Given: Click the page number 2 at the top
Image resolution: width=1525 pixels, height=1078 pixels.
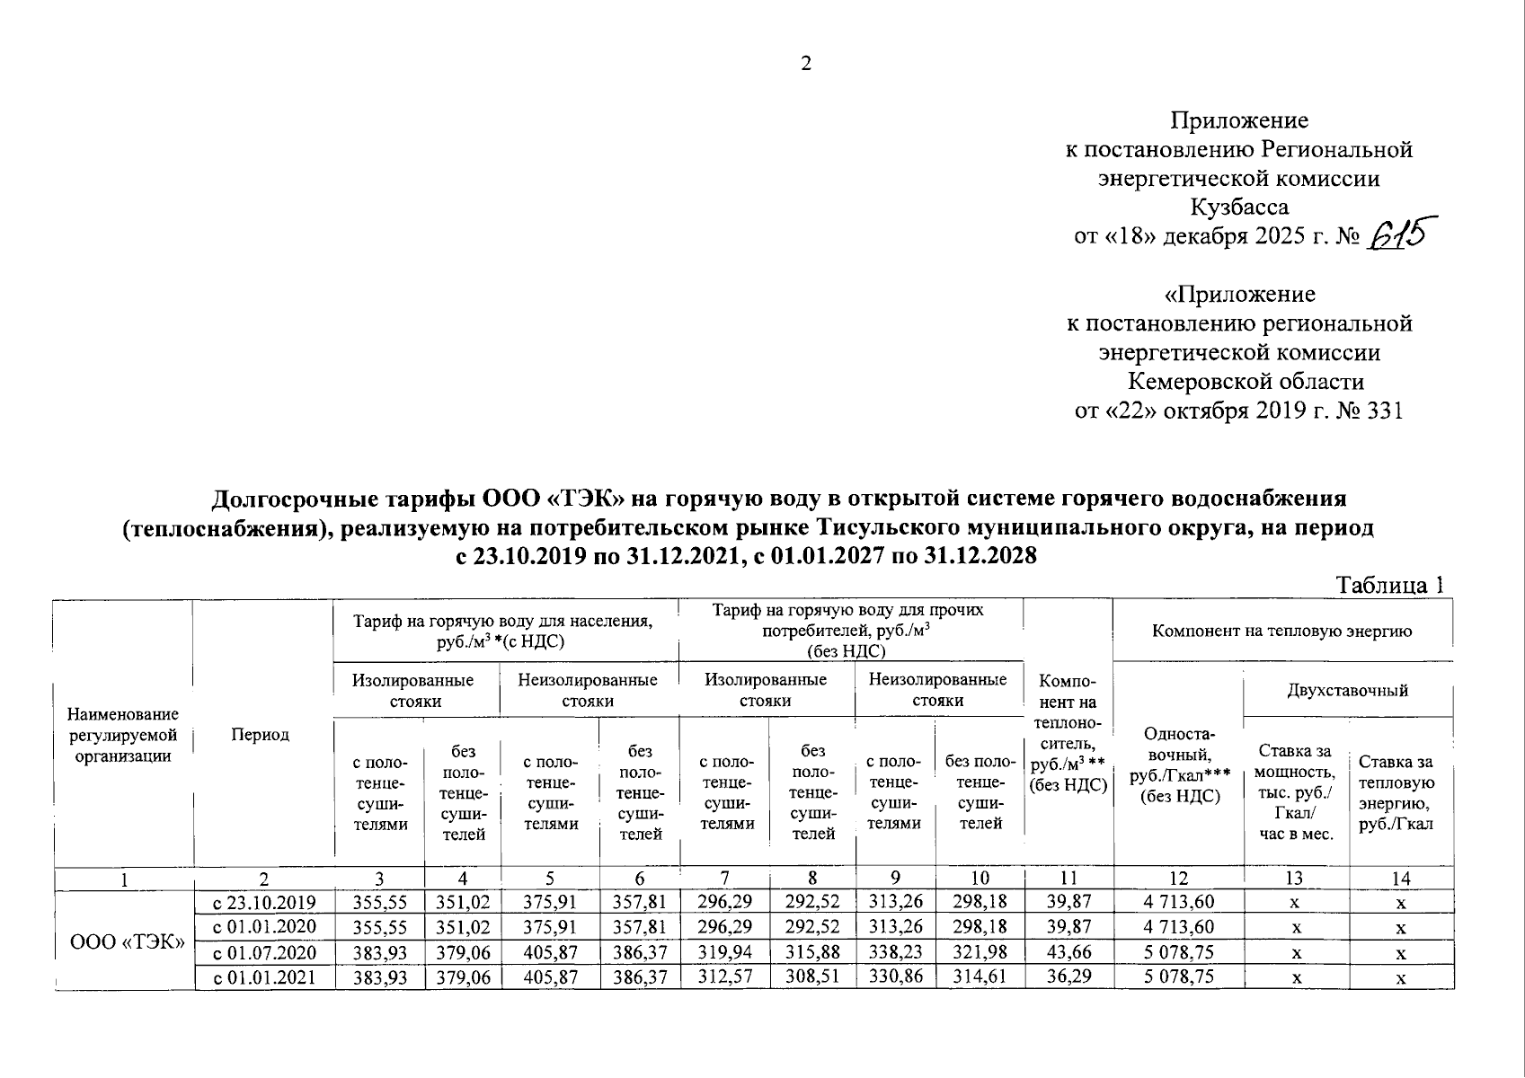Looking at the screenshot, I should click(805, 64).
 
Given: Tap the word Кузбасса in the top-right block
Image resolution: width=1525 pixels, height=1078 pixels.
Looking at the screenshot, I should click(1239, 208).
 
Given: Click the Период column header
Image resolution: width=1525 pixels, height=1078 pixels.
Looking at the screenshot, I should click(261, 735).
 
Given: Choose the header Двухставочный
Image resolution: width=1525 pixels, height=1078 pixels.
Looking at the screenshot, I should click(1346, 690).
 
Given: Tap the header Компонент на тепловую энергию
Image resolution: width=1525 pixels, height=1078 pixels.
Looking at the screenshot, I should click(1281, 631).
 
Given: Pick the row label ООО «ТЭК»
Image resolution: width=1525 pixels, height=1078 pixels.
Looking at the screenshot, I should click(127, 941).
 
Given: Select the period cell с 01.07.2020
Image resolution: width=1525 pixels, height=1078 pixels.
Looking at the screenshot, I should click(265, 952).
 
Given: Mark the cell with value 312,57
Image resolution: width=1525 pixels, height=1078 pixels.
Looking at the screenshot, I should click(724, 976).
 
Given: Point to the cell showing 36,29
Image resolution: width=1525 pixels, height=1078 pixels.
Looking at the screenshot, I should click(1068, 976).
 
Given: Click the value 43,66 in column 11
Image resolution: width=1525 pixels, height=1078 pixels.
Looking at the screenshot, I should click(1068, 952).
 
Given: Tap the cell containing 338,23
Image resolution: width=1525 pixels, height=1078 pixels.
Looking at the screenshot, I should click(894, 952).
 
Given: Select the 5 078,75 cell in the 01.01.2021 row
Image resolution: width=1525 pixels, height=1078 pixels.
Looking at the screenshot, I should click(1178, 976).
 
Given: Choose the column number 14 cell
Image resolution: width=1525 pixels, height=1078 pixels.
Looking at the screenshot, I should click(1400, 879).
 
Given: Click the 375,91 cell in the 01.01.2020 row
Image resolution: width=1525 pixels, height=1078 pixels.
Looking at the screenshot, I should click(550, 927).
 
